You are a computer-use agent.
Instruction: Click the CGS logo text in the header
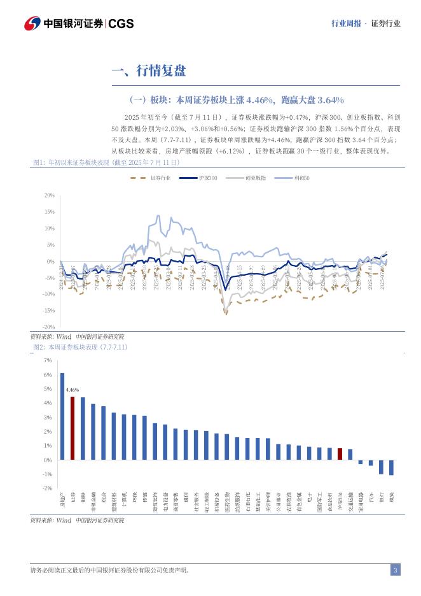click(121, 24)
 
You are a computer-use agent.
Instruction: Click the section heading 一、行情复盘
click(148, 71)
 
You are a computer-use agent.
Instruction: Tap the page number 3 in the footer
click(395, 570)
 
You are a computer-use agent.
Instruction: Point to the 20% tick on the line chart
click(49, 195)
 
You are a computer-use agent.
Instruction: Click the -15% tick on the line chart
click(48, 310)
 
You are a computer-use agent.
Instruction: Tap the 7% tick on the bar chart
click(48, 360)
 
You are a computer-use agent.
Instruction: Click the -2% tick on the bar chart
click(47, 488)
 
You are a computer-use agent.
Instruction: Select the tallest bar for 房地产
click(62, 416)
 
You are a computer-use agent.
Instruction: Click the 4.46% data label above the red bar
click(72, 388)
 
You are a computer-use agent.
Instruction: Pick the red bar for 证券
click(72, 428)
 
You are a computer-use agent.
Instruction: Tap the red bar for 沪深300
click(340, 454)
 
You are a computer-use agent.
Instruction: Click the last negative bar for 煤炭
click(391, 467)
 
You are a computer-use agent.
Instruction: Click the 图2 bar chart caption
click(80, 347)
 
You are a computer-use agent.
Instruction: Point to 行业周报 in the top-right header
click(347, 24)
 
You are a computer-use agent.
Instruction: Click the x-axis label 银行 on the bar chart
click(381, 497)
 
